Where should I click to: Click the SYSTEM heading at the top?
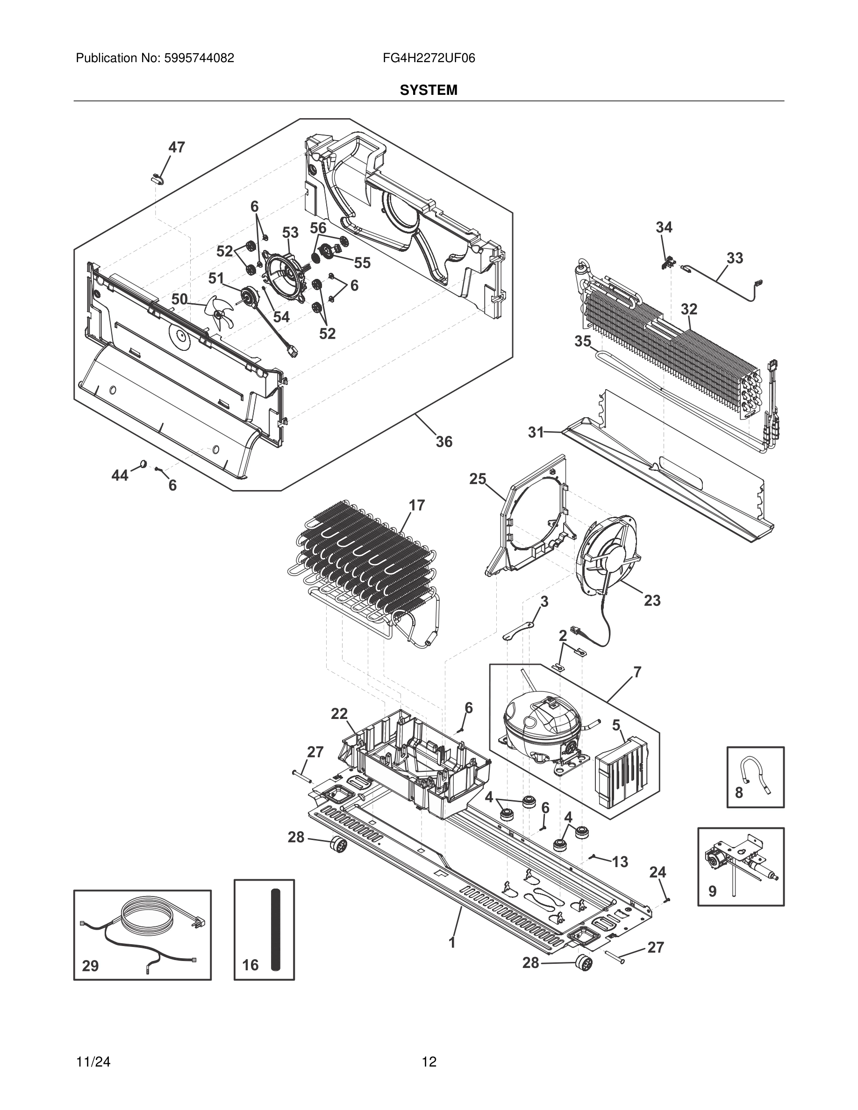[428, 91]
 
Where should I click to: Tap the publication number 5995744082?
[199, 58]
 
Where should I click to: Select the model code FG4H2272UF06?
[429, 58]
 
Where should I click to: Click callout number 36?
[444, 441]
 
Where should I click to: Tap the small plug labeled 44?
[143, 463]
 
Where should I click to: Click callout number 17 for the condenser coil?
[417, 505]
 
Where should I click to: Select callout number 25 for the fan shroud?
[477, 479]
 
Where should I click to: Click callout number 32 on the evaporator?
[689, 309]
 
